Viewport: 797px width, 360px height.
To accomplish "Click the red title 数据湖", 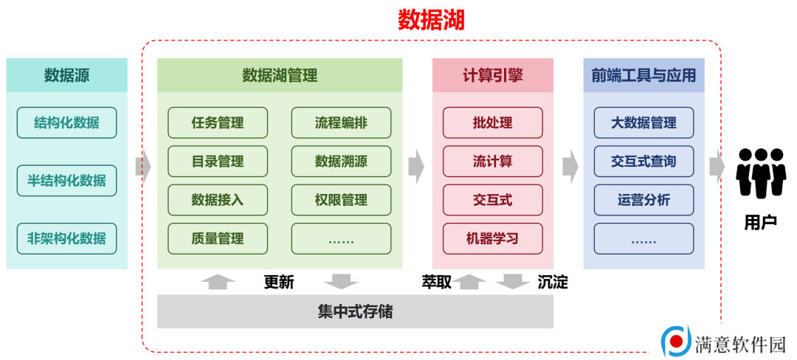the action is click(431, 21).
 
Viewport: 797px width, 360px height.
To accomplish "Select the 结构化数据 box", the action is click(66, 122).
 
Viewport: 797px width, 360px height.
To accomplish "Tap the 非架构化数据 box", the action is click(66, 238).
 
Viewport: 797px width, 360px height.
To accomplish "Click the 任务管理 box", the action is click(218, 122).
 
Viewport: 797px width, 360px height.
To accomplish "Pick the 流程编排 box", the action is click(341, 122).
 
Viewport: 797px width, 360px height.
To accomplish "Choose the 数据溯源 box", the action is click(341, 161).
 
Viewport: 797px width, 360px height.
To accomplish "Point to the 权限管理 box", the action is click(341, 199).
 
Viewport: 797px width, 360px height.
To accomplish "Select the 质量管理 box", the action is click(218, 238).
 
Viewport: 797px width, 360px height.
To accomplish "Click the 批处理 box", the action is click(492, 122).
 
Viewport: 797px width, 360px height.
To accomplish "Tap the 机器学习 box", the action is click(492, 238).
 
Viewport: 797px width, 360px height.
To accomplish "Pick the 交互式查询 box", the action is click(644, 161).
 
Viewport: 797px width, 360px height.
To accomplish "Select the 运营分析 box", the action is click(644, 199).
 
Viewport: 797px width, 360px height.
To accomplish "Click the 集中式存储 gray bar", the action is click(355, 311).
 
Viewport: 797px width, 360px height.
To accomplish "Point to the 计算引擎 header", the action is click(492, 75).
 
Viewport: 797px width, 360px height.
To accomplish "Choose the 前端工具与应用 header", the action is click(644, 75).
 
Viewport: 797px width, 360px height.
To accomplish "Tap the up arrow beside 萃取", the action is click(469, 282).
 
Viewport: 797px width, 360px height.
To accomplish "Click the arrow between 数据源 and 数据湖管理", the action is click(143, 167).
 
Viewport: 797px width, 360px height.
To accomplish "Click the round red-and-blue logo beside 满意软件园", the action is click(675, 340).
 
